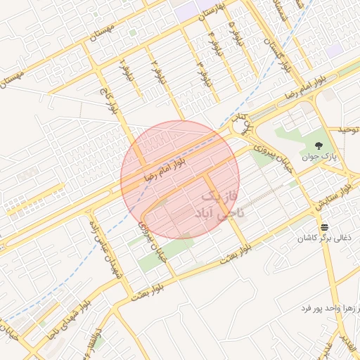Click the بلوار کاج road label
(x=110, y=101)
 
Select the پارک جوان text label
(x=319, y=157)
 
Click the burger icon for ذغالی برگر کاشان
(x=324, y=227)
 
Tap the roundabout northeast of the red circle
(x=241, y=126)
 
